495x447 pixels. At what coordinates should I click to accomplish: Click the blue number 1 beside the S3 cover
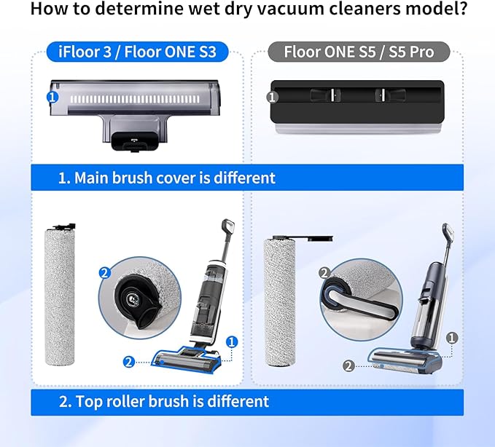52,96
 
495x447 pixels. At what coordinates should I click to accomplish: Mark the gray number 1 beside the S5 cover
273,96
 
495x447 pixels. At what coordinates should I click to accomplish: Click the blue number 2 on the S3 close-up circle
104,274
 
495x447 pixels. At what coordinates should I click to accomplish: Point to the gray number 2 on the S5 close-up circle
325,273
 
